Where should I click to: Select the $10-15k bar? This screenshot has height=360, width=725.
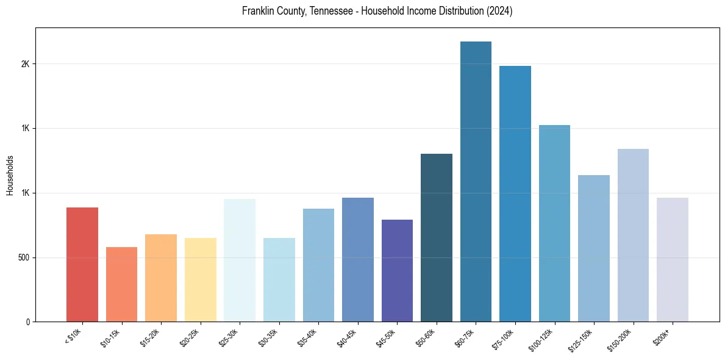(x=121, y=284)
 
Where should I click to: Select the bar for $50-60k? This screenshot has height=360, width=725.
(x=436, y=237)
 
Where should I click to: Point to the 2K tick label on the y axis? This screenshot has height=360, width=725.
(x=25, y=64)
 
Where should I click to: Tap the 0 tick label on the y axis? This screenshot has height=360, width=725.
(x=27, y=322)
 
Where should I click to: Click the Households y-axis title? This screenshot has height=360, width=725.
(x=10, y=175)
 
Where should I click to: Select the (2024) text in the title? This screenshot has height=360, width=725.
(x=499, y=12)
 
